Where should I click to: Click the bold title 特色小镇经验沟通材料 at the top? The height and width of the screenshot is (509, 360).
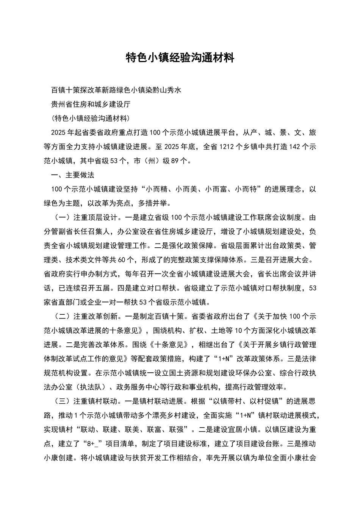180,58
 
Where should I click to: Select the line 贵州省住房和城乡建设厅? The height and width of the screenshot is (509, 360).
91,104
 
